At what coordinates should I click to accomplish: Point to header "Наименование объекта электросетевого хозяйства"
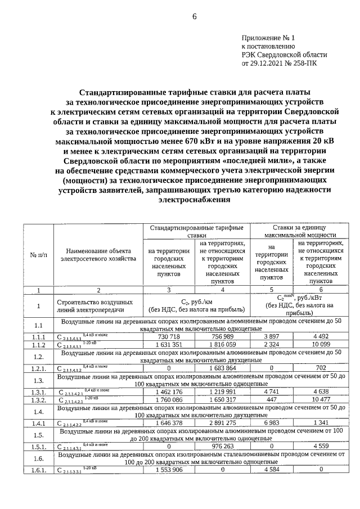coord(98,254)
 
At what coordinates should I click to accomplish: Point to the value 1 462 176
coord(169,391)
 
